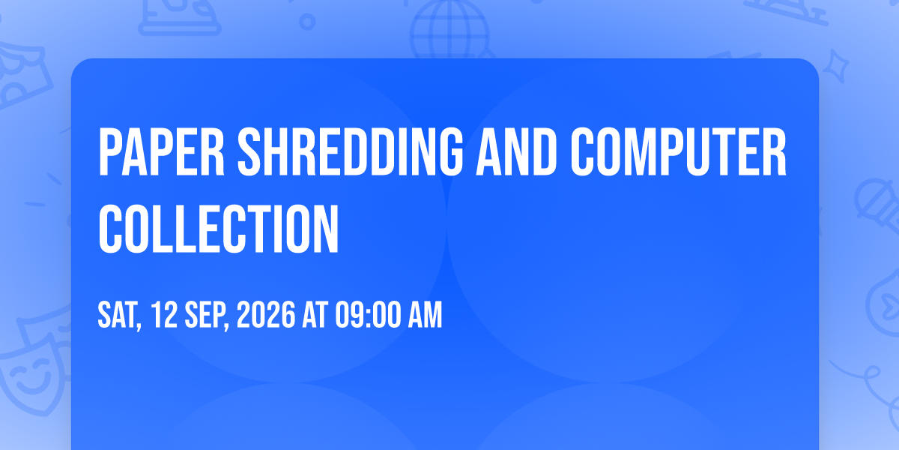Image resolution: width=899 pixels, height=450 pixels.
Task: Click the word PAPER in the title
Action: click(161, 151)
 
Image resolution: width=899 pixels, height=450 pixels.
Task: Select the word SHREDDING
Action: click(351, 151)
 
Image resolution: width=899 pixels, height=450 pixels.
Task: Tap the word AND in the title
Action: click(516, 151)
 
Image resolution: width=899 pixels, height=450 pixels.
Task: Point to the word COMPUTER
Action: click(678, 151)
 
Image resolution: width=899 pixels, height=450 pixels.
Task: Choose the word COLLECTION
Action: click(219, 229)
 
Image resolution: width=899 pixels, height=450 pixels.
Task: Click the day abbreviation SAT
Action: click(119, 316)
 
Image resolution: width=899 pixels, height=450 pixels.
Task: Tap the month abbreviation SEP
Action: click(206, 316)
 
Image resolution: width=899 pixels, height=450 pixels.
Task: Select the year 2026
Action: click(266, 314)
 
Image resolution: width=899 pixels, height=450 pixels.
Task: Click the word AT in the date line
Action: click(315, 314)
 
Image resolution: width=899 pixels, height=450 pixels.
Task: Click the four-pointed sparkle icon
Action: click(835, 66)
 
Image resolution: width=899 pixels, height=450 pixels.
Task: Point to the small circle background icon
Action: click(307, 22)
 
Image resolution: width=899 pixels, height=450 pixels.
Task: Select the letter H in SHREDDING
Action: click(276, 151)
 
